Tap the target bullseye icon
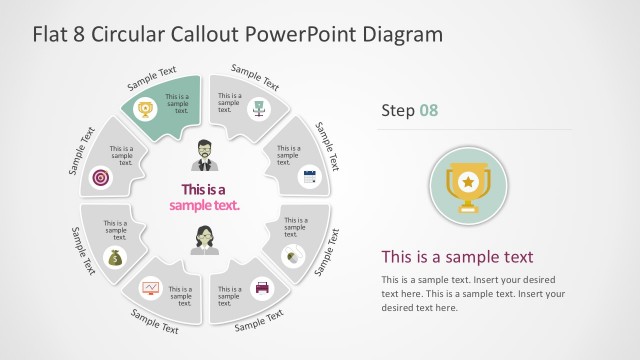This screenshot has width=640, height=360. click(101, 177)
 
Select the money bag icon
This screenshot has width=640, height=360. click(115, 258)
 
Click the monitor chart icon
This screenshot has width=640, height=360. click(151, 288)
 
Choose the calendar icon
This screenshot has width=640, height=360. click(309, 177)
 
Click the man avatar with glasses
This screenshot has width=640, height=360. click(204, 154)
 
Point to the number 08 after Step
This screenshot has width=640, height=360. click(427, 110)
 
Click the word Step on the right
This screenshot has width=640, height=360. click(397, 110)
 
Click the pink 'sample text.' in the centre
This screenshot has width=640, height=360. click(204, 205)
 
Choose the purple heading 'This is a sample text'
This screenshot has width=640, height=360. click(457, 256)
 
